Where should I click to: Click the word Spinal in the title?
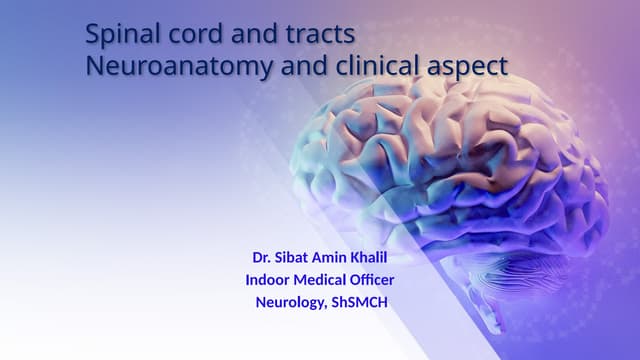click(x=118, y=36)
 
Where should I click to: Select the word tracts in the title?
click(x=317, y=36)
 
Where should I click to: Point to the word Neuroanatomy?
click(x=167, y=68)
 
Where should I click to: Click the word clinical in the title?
click(x=370, y=68)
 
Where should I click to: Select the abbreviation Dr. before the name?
click(x=263, y=258)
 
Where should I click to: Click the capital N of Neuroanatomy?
click(x=93, y=68)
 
